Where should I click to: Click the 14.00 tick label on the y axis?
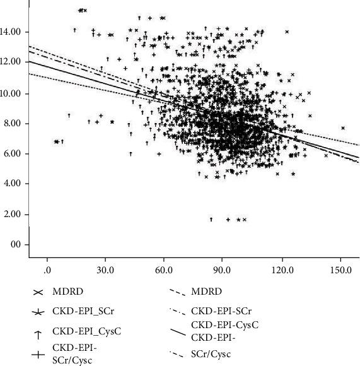click(13, 32)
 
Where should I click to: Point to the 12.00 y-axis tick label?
click(13, 62)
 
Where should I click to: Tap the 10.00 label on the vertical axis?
click(13, 93)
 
